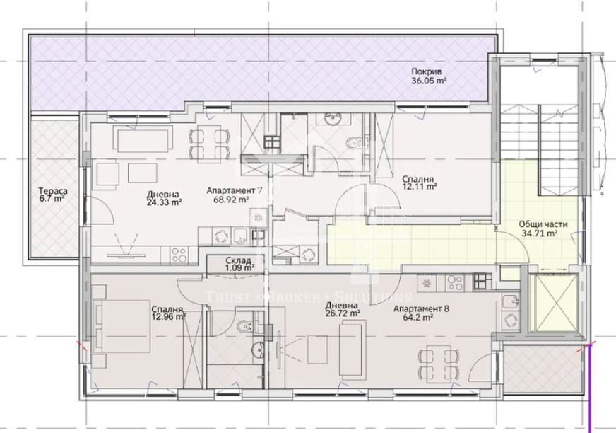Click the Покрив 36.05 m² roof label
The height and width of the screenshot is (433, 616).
click(429, 76)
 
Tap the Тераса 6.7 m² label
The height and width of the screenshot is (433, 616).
click(52, 195)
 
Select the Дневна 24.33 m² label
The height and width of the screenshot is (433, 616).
click(164, 198)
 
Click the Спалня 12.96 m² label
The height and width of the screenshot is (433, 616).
click(168, 313)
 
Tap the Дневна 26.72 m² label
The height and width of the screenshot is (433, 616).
click(343, 308)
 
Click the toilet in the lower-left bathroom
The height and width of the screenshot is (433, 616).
click(242, 326)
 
